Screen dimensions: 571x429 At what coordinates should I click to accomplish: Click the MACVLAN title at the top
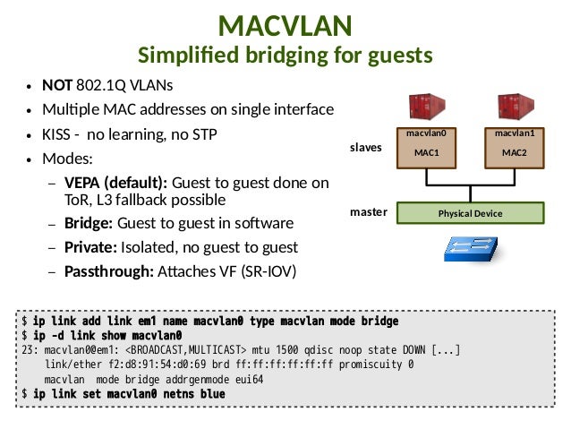pos(285,25)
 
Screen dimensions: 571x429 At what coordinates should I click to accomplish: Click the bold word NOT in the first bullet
pos(57,85)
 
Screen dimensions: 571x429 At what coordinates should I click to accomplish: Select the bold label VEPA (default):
pos(115,183)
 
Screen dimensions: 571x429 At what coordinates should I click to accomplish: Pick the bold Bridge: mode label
pos(89,223)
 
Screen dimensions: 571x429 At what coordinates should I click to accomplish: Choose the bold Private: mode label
pos(90,247)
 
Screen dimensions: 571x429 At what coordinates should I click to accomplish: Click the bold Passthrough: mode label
pos(109,271)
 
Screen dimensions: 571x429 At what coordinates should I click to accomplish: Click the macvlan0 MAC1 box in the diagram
pos(426,148)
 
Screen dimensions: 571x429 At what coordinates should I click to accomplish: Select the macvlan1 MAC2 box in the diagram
pos(515,148)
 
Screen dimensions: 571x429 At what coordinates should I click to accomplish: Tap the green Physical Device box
pos(471,213)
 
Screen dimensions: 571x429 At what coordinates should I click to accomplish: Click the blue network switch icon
pos(471,249)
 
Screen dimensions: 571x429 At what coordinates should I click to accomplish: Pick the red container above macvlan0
pos(427,107)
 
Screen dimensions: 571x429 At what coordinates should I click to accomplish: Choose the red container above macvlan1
pos(516,107)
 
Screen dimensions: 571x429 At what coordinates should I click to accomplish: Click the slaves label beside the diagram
pos(366,148)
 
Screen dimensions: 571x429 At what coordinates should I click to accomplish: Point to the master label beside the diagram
pos(369,212)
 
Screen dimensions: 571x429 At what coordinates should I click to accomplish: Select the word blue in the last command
pos(213,394)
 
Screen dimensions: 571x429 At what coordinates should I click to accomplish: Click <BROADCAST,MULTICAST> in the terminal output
pos(186,350)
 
